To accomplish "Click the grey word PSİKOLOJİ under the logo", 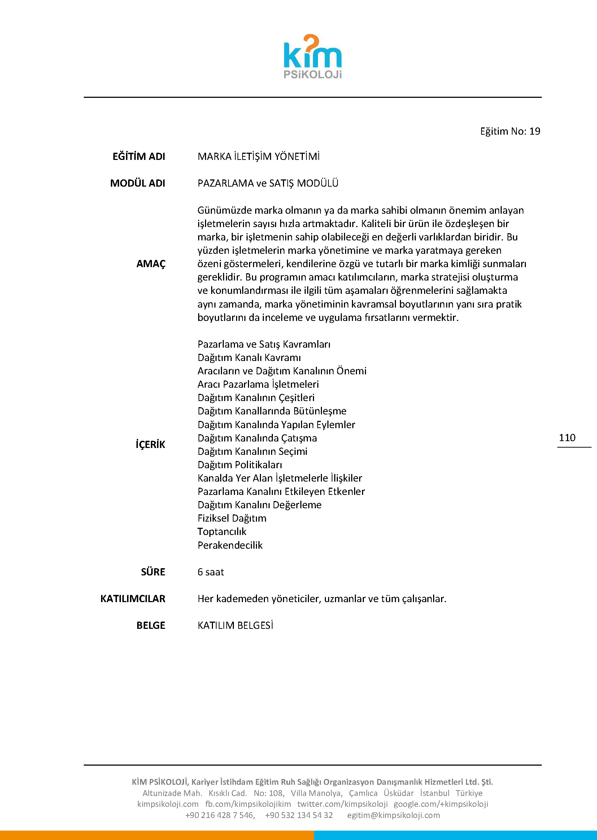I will click(313, 75).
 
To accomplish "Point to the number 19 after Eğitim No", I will click(535, 131).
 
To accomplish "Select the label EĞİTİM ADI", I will click(139, 157).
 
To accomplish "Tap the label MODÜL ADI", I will click(138, 183).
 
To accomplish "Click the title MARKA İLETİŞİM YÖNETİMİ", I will click(258, 157).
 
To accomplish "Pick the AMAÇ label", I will click(151, 264).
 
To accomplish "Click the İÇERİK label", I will click(151, 444).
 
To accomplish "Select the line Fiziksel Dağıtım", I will click(232, 518).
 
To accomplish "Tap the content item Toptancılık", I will click(222, 532).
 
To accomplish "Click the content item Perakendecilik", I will click(230, 545).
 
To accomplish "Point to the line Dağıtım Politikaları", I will click(240, 465).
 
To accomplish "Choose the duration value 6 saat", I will click(211, 572).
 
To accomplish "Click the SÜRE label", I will click(153, 572).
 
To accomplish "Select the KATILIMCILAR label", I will click(133, 599).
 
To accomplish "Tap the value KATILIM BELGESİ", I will click(235, 625).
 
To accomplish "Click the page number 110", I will click(567, 438).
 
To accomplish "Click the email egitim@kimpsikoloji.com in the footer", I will click(393, 815).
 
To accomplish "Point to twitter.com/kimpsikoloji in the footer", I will click(342, 804).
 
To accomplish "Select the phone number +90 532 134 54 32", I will click(298, 815).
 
